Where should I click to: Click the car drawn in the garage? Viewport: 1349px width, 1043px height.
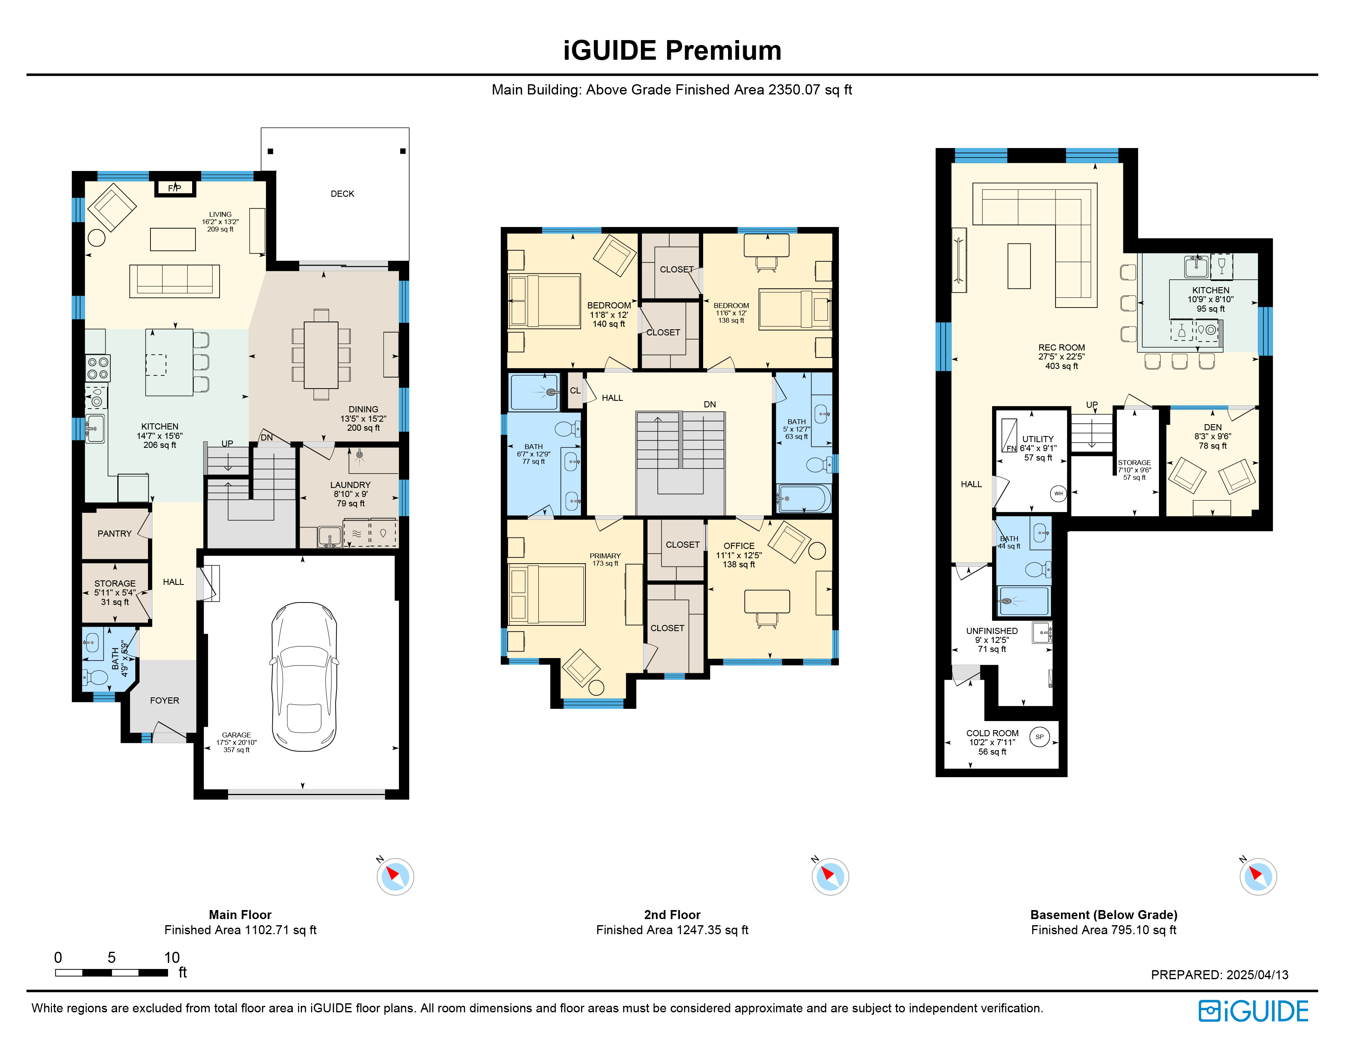pyautogui.click(x=304, y=677)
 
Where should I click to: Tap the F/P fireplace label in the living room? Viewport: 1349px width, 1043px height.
pyautogui.click(x=175, y=188)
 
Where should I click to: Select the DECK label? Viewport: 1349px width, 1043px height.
pyautogui.click(x=342, y=194)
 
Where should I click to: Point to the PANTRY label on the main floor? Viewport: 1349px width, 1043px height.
pyautogui.click(x=114, y=534)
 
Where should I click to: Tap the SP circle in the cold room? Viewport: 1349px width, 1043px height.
pyautogui.click(x=1040, y=737)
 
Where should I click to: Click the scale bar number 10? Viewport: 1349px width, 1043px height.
pyautogui.click(x=172, y=957)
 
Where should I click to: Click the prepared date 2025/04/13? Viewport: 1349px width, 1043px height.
pyautogui.click(x=1257, y=974)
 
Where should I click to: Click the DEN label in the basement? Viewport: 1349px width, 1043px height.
pyautogui.click(x=1212, y=427)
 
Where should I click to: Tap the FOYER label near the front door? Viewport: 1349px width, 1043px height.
pyautogui.click(x=164, y=701)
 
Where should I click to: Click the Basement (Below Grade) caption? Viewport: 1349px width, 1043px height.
pyautogui.click(x=1104, y=915)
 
